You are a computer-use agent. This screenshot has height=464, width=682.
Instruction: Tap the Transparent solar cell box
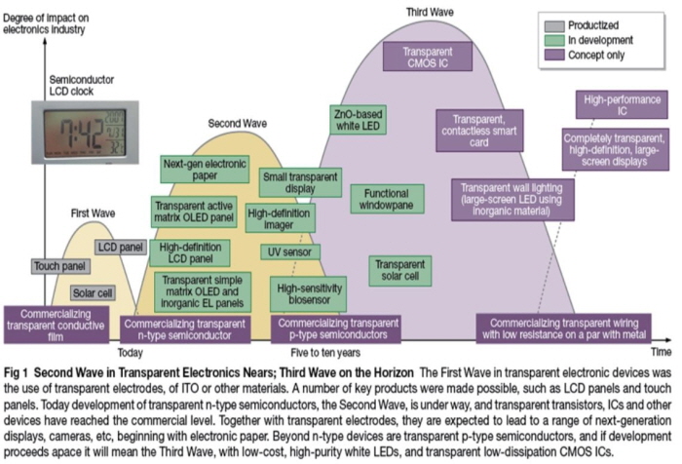[x=397, y=270]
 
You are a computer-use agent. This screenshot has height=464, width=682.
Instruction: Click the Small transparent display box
[x=300, y=183]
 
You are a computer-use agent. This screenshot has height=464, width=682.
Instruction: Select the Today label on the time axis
[x=130, y=352]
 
